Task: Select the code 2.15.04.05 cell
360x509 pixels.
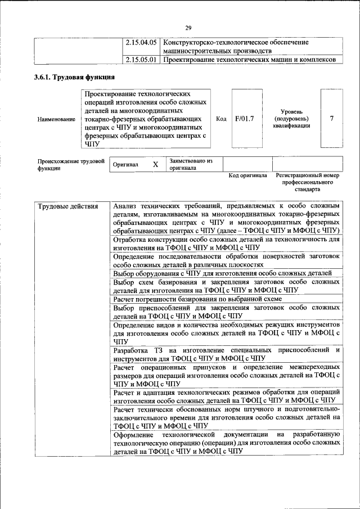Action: click(x=141, y=42)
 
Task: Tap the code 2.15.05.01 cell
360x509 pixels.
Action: click(x=141, y=60)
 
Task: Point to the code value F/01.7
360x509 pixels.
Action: click(x=245, y=119)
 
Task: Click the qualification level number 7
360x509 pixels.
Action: click(x=332, y=119)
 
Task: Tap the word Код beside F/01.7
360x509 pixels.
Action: click(x=221, y=119)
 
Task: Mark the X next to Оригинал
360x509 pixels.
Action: click(x=155, y=165)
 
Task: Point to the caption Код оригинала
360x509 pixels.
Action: click(x=247, y=175)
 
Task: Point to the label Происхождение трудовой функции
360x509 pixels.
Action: click(x=71, y=164)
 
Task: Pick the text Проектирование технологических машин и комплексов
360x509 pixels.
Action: click(x=249, y=60)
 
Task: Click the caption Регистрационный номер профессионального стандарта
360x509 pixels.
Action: click(x=308, y=183)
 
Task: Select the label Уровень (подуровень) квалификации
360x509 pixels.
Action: click(x=291, y=119)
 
